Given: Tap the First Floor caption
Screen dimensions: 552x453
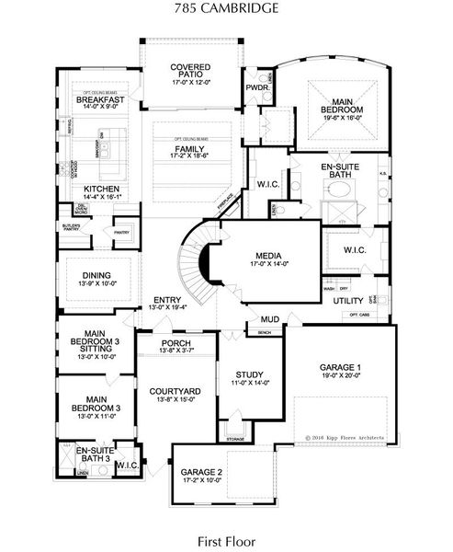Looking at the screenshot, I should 226,542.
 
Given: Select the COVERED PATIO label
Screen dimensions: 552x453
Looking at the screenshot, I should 190,72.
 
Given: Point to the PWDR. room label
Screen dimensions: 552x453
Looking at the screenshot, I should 256,88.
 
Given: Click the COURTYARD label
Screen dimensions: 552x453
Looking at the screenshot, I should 175,391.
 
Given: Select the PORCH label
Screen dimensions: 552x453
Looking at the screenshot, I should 176,342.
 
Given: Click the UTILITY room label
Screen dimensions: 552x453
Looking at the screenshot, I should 348,300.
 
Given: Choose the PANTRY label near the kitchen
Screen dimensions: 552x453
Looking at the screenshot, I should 121,233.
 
